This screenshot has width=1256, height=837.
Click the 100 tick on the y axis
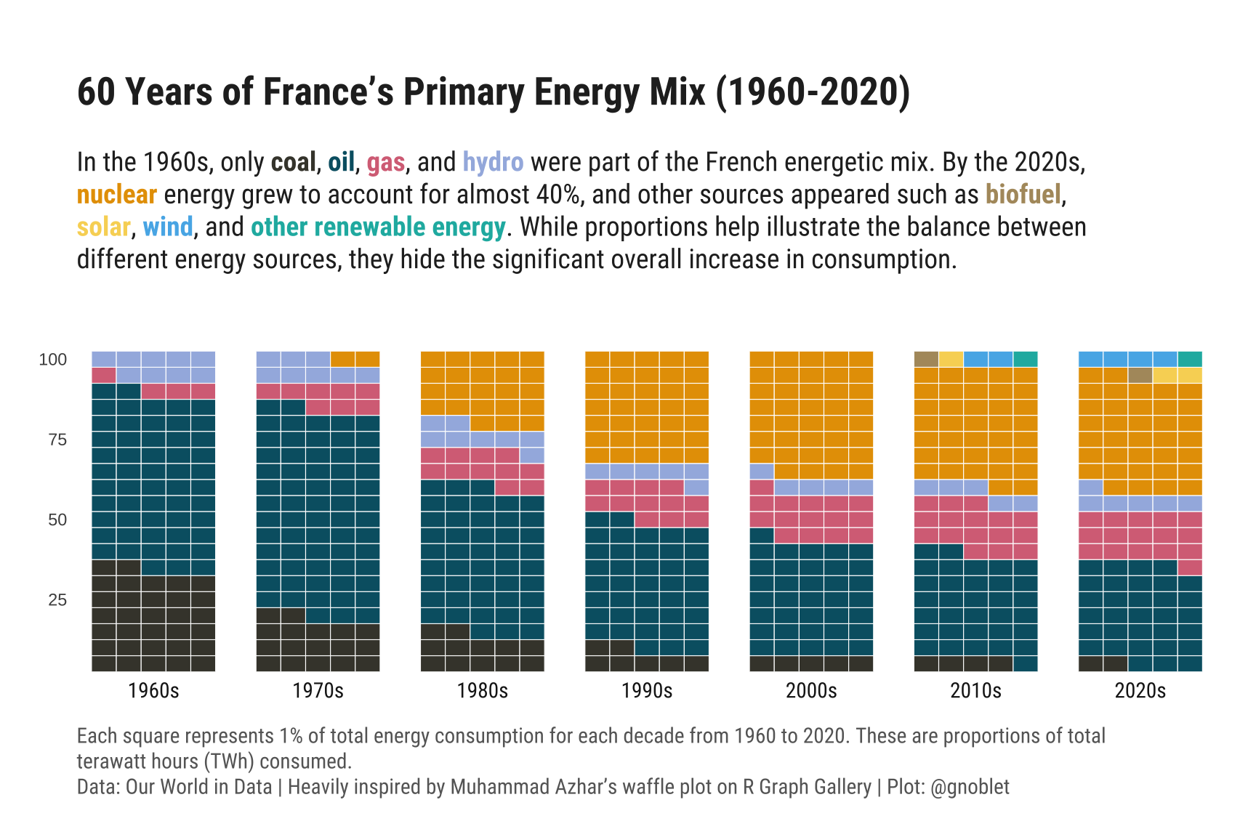tap(52, 360)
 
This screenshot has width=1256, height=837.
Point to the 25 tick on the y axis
tap(57, 600)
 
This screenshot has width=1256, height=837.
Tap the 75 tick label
tap(57, 440)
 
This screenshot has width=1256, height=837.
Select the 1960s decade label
tap(153, 690)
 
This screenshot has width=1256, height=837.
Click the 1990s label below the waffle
tap(647, 690)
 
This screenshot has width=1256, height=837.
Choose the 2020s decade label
tap(1140, 690)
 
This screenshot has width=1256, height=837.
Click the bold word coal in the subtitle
tap(293, 162)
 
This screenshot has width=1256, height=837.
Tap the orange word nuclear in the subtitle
tap(116, 195)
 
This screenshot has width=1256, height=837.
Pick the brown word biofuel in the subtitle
tap(1023, 195)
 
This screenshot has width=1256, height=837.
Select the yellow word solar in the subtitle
tap(103, 227)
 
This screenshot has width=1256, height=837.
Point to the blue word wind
tap(168, 227)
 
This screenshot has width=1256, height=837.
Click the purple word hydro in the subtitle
tap(493, 162)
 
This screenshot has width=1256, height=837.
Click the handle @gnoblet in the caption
tap(970, 787)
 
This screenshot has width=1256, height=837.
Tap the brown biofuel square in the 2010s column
tap(926, 359)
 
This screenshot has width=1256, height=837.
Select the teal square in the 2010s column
tap(1025, 359)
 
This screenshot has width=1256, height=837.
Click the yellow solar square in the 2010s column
tap(951, 359)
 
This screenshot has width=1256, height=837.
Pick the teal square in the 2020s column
tap(1189, 359)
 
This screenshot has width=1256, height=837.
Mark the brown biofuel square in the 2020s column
tap(1140, 376)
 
